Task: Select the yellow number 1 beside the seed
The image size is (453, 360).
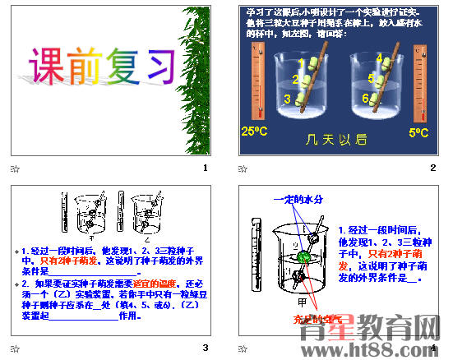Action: (302, 62)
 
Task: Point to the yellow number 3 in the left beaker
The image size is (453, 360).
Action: (289, 99)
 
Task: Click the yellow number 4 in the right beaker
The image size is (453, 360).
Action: (380, 58)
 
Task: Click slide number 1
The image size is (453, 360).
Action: (205, 168)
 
